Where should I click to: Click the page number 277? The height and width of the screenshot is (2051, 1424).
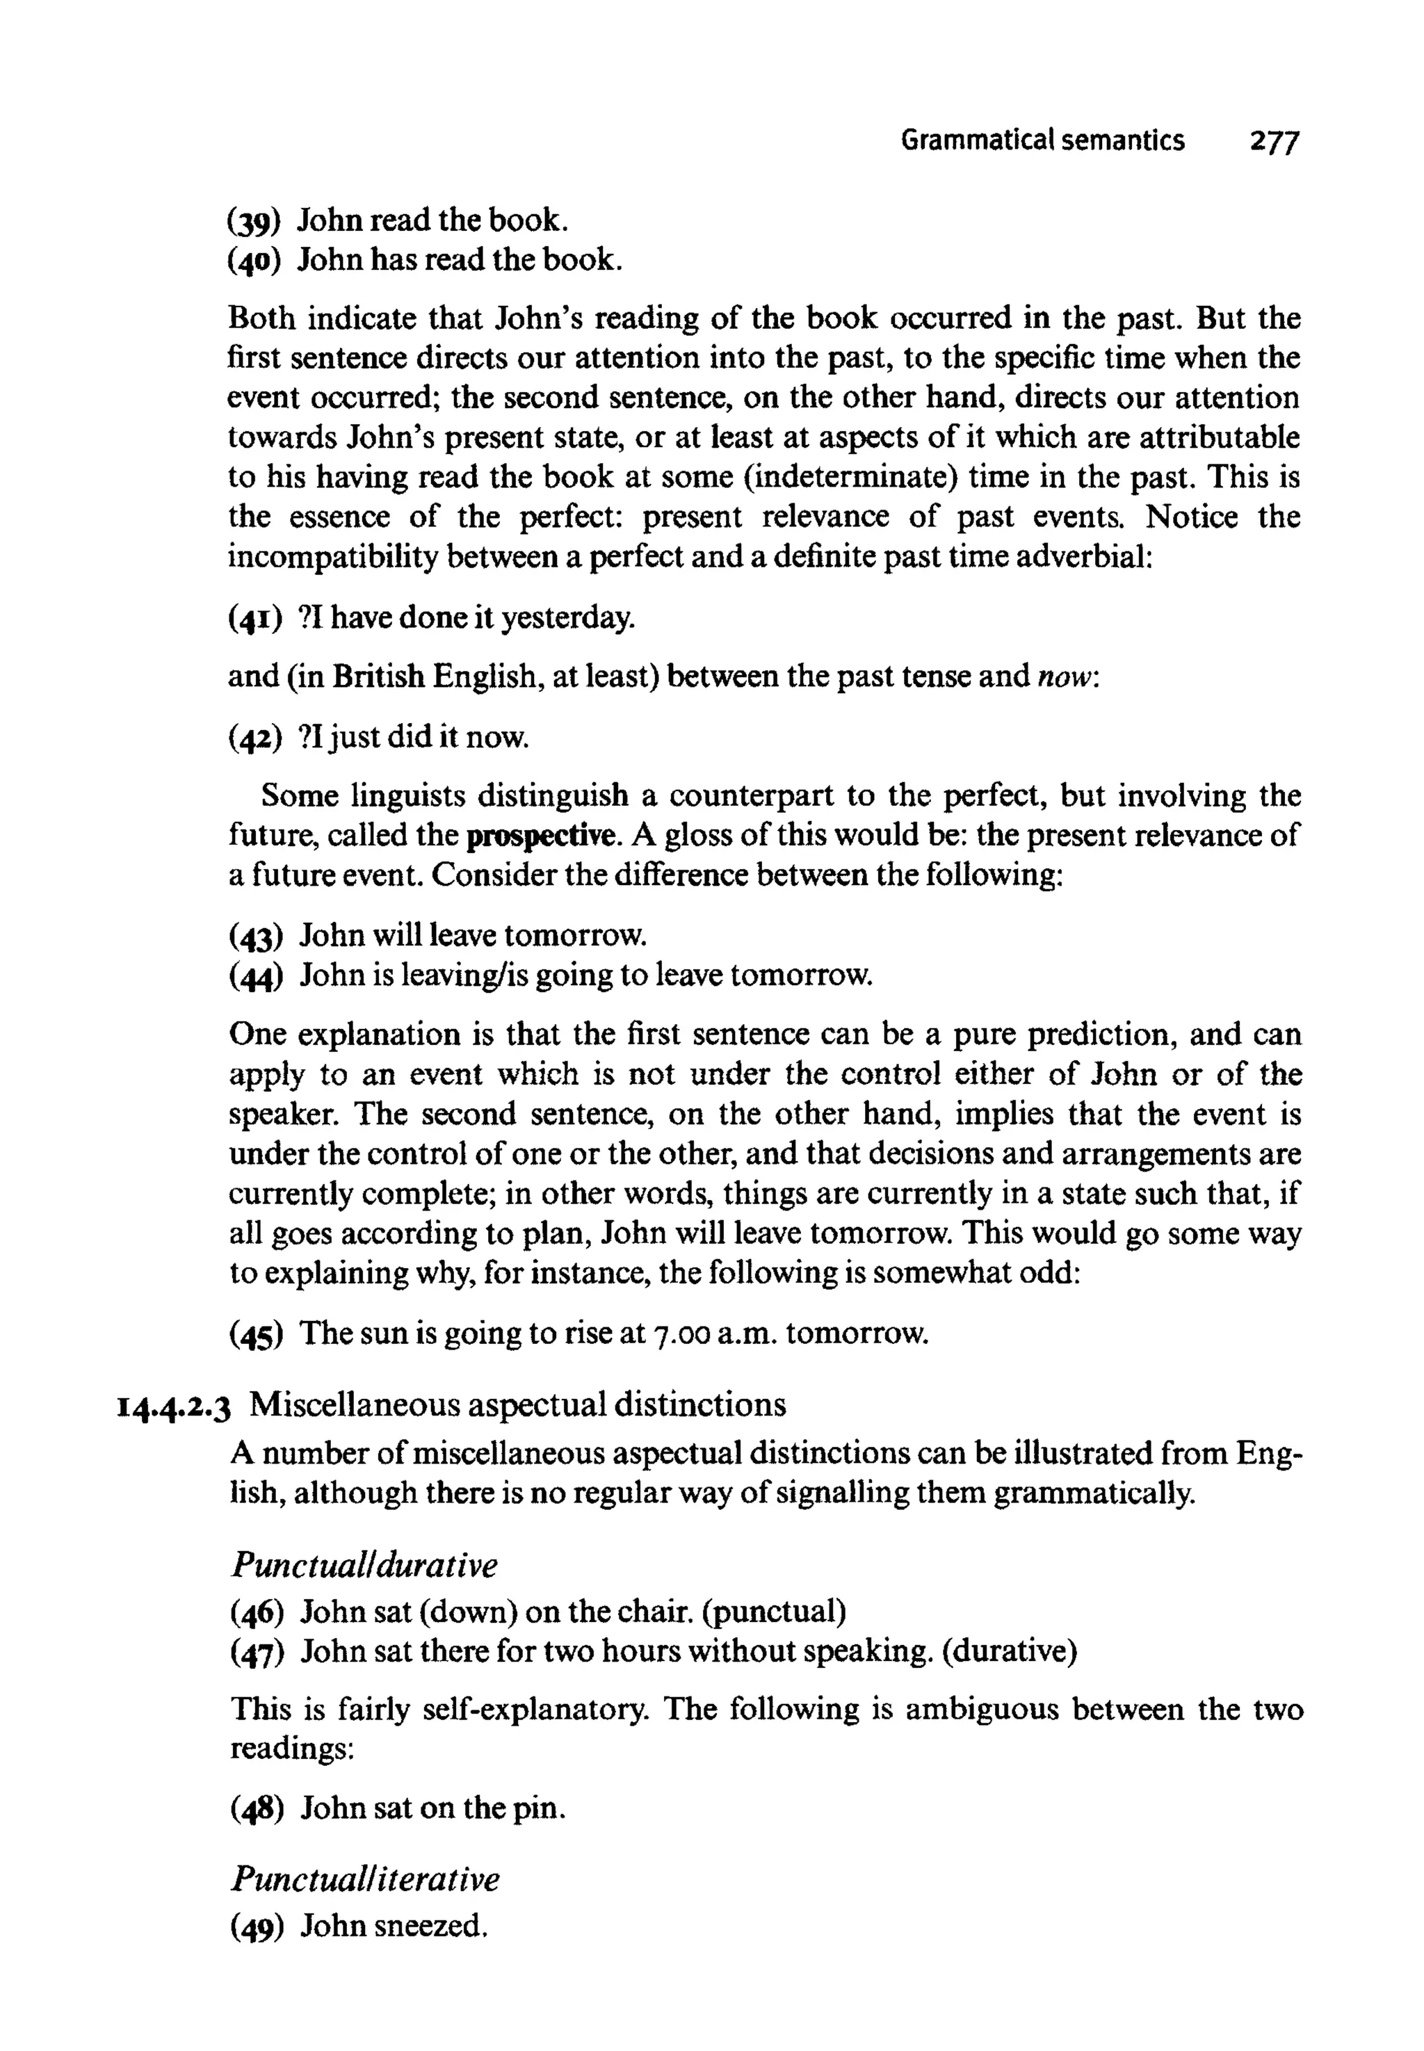click(1274, 142)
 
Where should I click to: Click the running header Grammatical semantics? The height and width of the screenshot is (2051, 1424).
click(1042, 140)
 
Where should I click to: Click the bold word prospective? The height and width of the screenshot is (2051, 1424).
click(542, 835)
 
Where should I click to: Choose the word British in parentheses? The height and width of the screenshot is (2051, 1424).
click(379, 676)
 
